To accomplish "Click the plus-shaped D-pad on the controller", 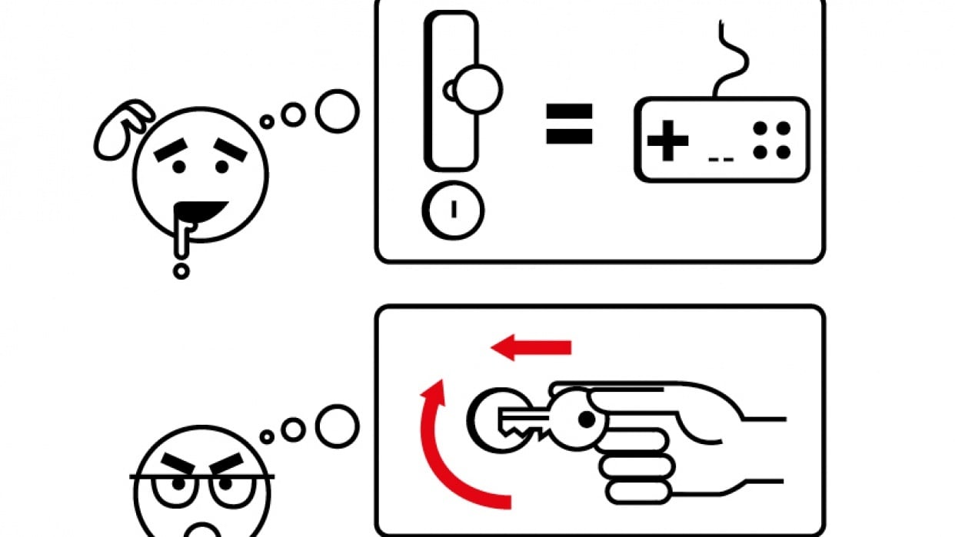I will coord(667,141).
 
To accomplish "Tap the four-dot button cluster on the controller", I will coord(771,141).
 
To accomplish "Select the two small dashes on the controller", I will coord(720,160).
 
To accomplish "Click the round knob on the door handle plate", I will coord(477,90).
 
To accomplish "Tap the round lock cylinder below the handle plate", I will coord(453,210).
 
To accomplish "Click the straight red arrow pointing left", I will coord(531,348).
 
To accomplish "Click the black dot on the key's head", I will coord(587,419).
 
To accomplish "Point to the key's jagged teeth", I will coord(531,433).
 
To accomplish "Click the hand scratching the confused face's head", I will coord(123,128).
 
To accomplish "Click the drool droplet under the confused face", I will coord(181,270).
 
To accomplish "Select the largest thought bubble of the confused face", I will coord(337,111).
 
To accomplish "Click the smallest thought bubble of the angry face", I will coord(267,436).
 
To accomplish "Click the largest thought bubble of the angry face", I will coord(337,425).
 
